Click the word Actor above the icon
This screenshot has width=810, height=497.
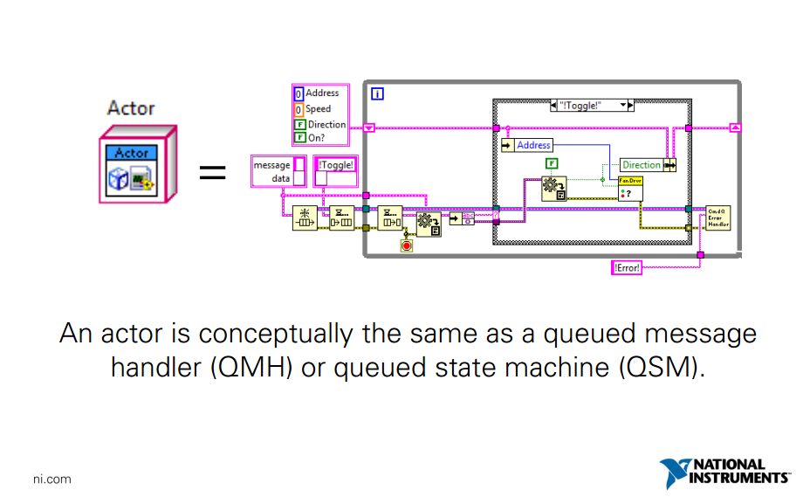pos(130,108)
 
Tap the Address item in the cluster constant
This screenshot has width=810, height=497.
pos(321,93)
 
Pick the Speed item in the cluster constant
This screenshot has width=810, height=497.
pos(318,109)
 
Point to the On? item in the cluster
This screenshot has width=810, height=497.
pos(315,138)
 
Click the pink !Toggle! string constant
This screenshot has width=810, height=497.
pos(336,164)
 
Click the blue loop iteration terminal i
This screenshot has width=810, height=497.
pos(378,93)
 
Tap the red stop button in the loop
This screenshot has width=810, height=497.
pos(406,246)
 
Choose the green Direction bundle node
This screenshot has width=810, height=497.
pos(642,164)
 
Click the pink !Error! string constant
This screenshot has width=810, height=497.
pos(627,268)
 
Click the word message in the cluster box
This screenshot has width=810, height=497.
pos(271,165)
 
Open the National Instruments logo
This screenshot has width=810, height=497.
pos(724,473)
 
